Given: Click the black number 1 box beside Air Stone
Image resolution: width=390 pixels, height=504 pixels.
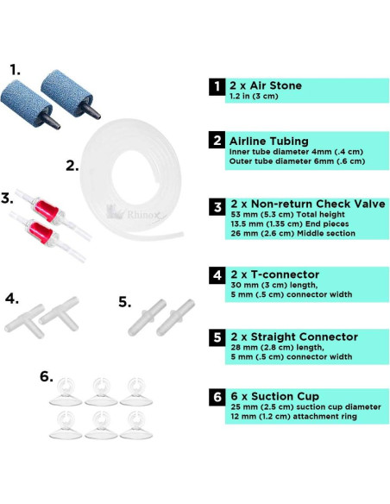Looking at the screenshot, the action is pyautogui.click(x=217, y=87).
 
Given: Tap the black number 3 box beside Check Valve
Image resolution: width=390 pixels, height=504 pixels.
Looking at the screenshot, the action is pyautogui.click(x=217, y=206).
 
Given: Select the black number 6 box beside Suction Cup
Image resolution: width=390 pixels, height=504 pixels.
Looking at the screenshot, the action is pyautogui.click(x=217, y=397).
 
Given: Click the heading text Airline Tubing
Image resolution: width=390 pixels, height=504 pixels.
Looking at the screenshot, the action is pyautogui.click(x=269, y=142).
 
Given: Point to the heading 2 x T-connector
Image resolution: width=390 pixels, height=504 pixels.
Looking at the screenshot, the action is pyautogui.click(x=274, y=274).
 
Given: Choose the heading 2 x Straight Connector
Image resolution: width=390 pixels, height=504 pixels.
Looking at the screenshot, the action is pyautogui.click(x=294, y=337).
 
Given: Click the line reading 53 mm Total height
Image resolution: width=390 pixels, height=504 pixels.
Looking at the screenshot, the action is pyautogui.click(x=287, y=214).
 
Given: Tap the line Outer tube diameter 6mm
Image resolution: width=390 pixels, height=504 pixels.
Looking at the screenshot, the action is pyautogui.click(x=297, y=161).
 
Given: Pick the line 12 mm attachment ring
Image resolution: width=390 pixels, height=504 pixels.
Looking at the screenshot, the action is pyautogui.click(x=293, y=417).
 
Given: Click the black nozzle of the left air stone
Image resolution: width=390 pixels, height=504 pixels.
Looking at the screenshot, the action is pyautogui.click(x=50, y=121).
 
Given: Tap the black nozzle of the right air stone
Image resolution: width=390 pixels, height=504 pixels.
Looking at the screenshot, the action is pyautogui.click(x=91, y=110).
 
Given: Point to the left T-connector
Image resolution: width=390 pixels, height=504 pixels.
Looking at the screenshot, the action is pyautogui.click(x=26, y=321).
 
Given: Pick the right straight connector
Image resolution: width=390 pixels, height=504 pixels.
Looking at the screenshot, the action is pyautogui.click(x=175, y=318).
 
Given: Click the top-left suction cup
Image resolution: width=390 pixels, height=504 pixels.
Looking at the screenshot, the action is pyautogui.click(x=66, y=392).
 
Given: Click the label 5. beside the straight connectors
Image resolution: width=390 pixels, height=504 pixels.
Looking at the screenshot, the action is pyautogui.click(x=125, y=302).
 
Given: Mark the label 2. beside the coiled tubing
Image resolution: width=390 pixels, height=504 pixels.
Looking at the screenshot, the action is pyautogui.click(x=72, y=167).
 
